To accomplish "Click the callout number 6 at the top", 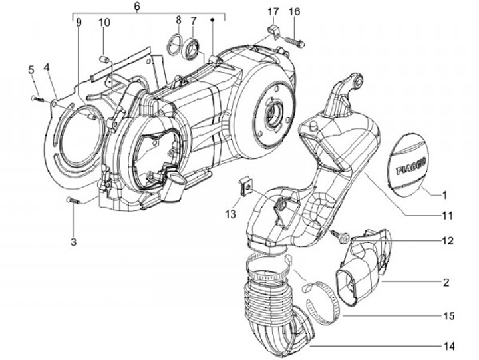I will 137,7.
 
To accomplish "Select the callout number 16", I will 295,12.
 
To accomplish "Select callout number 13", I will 230,214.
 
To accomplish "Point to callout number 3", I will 75,240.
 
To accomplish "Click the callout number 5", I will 31,69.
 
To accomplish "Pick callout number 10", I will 104,23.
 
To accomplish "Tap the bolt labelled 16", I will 296,39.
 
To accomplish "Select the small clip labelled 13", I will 245,187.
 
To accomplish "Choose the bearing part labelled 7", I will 194,47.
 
